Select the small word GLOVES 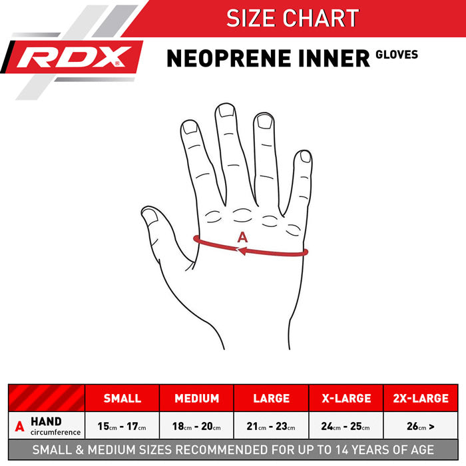click(x=397, y=55)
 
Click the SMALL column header click(x=122, y=398)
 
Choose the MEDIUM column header click(x=197, y=398)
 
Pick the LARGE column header click(x=272, y=398)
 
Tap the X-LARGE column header click(x=346, y=398)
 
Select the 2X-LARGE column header click(x=421, y=398)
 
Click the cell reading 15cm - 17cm click(x=122, y=426)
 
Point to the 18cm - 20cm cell click(x=196, y=426)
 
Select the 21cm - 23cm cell click(x=271, y=426)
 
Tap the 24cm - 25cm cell click(x=346, y=426)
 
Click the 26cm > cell click(x=421, y=426)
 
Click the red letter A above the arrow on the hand click(x=242, y=237)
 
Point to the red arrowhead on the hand click(x=242, y=250)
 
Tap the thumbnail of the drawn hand click(x=150, y=216)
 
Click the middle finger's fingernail click(x=226, y=111)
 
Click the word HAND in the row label click(x=46, y=421)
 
